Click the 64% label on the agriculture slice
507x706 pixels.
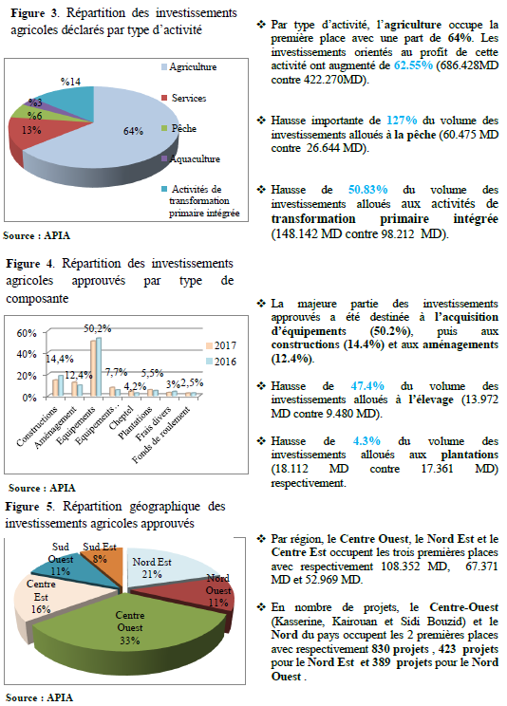pyautogui.click(x=133, y=131)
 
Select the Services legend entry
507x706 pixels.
pyautogui.click(x=183, y=98)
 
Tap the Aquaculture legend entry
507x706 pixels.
pyautogui.click(x=191, y=158)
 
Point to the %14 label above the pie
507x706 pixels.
pyautogui.click(x=71, y=82)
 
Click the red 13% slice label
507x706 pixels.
pyautogui.click(x=31, y=130)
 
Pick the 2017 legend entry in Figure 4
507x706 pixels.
pyautogui.click(x=221, y=345)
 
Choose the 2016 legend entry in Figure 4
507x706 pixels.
pyautogui.click(x=221, y=362)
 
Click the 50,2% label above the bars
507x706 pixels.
pyautogui.click(x=98, y=328)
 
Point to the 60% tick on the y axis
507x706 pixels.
pyautogui.click(x=27, y=333)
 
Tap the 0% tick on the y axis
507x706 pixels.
pyautogui.click(x=29, y=398)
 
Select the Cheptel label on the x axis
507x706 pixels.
pyautogui.click(x=121, y=418)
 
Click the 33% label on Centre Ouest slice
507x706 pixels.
pyautogui.click(x=130, y=640)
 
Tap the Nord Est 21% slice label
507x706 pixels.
pyautogui.click(x=152, y=568)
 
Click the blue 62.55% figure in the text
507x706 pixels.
pyautogui.click(x=413, y=65)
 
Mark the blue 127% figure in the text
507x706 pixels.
pyautogui.click(x=402, y=121)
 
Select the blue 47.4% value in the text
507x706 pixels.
pyautogui.click(x=367, y=386)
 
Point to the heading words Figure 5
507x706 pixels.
pyautogui.click(x=29, y=507)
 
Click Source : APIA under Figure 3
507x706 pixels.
pyautogui.click(x=36, y=235)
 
